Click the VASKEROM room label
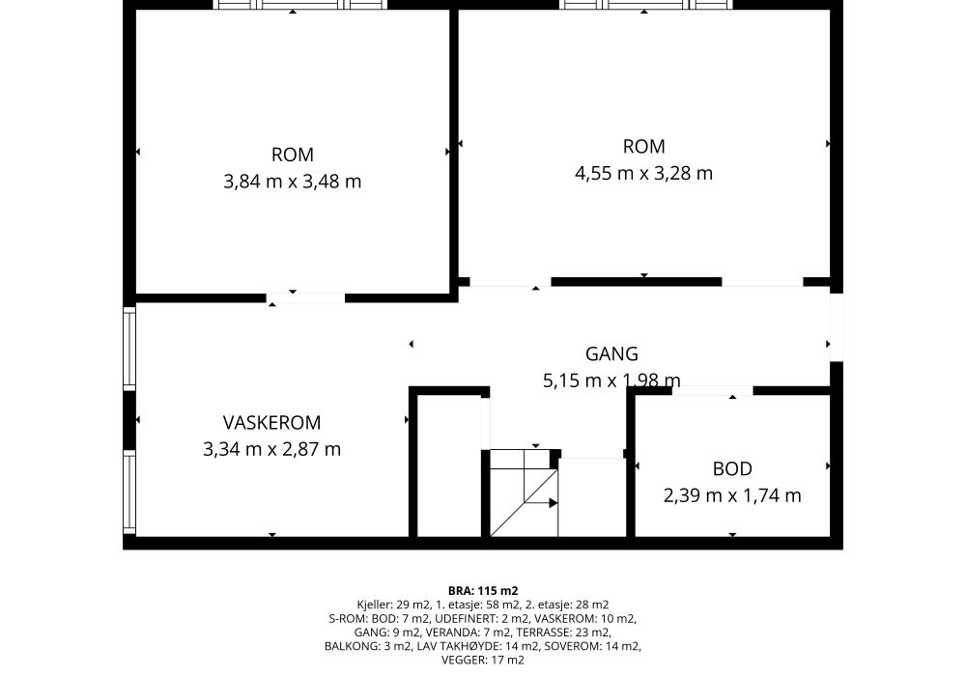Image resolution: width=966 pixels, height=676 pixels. (x=271, y=422)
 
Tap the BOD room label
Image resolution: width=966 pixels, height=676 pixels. (x=732, y=468)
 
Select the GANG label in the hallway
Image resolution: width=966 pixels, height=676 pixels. (x=611, y=353)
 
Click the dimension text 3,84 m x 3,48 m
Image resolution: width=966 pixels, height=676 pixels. (x=292, y=182)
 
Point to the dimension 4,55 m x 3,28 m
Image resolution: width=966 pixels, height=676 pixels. (x=643, y=173)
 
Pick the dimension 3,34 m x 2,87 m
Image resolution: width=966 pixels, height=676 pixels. (x=271, y=449)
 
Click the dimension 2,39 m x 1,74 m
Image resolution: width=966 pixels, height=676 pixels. (x=732, y=495)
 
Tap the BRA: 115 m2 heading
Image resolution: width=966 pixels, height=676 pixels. (x=483, y=592)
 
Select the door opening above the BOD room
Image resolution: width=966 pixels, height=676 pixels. (x=712, y=391)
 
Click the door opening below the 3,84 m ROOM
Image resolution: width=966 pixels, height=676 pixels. (x=305, y=298)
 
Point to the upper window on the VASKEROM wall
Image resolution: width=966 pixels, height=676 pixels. (x=129, y=349)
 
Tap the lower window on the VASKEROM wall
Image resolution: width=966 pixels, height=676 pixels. (x=129, y=493)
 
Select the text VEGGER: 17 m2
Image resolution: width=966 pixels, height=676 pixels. (x=483, y=660)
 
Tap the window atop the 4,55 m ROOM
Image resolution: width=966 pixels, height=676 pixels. (x=647, y=5)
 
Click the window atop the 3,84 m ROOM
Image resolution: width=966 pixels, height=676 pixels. (x=300, y=5)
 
